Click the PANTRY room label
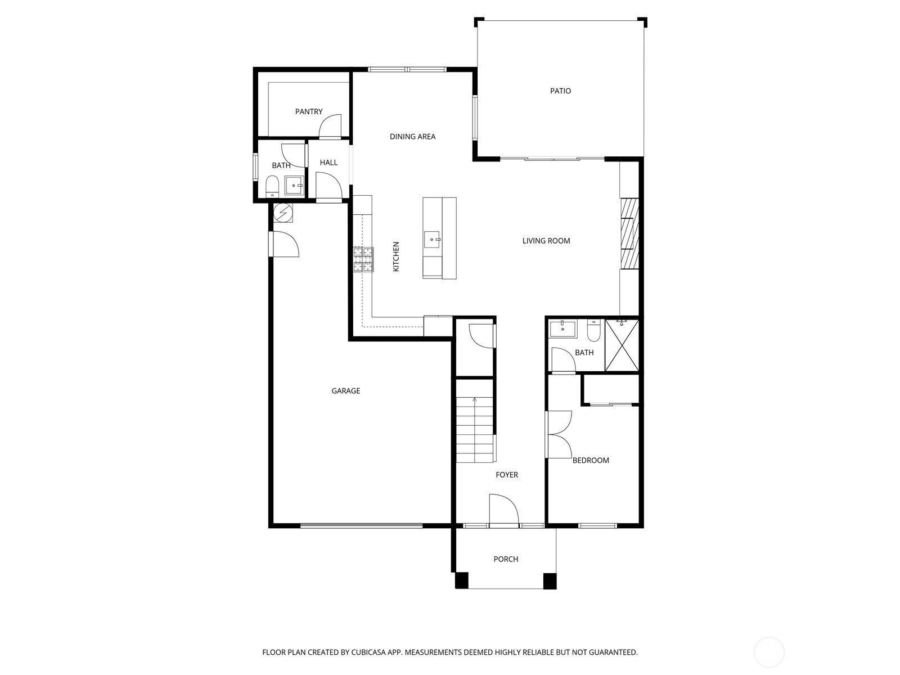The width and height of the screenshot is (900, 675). click(309, 112)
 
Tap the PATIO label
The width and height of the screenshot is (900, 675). click(560, 91)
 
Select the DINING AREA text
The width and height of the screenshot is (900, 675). click(412, 137)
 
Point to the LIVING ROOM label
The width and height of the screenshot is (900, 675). click(546, 241)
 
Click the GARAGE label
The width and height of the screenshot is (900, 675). click(345, 391)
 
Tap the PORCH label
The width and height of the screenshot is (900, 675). click(506, 559)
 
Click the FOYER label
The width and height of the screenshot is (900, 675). click(506, 475)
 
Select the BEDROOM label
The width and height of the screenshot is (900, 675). click(591, 460)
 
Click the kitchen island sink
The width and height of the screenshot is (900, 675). click(432, 239)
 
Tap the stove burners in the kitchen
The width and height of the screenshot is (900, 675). click(363, 259)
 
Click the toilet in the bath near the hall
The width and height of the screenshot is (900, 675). click(272, 186)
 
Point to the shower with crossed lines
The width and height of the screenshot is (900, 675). click(622, 345)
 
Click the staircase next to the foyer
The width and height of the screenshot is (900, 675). click(475, 430)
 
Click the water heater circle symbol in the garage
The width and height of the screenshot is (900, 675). click(283, 213)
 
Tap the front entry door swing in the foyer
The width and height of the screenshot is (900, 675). click(502, 510)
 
